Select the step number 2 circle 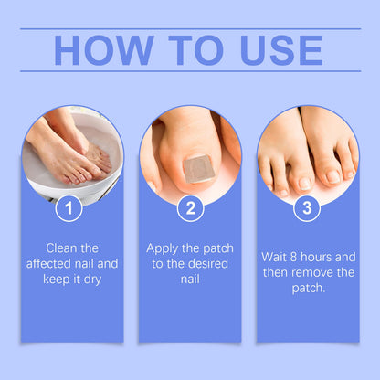[x=190, y=208]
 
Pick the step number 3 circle [x=306, y=208]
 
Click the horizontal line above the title [x=190, y=28]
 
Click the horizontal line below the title [x=190, y=71]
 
